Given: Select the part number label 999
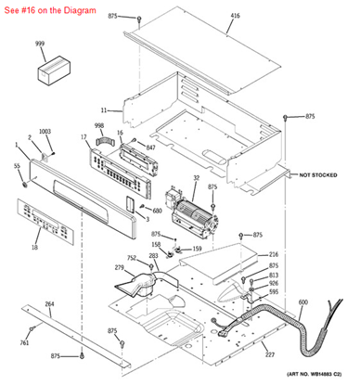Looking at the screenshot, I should [x=40, y=45].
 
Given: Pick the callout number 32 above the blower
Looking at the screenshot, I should [x=196, y=177].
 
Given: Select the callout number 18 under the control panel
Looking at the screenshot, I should [x=34, y=248].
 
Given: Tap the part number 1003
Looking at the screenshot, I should [x=45, y=132].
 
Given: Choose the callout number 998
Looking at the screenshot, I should [x=99, y=125].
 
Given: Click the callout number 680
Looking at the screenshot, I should [x=157, y=211].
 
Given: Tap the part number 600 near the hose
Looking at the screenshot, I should [x=302, y=302].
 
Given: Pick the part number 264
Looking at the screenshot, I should [x=49, y=303].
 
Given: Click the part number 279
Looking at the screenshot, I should [x=120, y=268].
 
